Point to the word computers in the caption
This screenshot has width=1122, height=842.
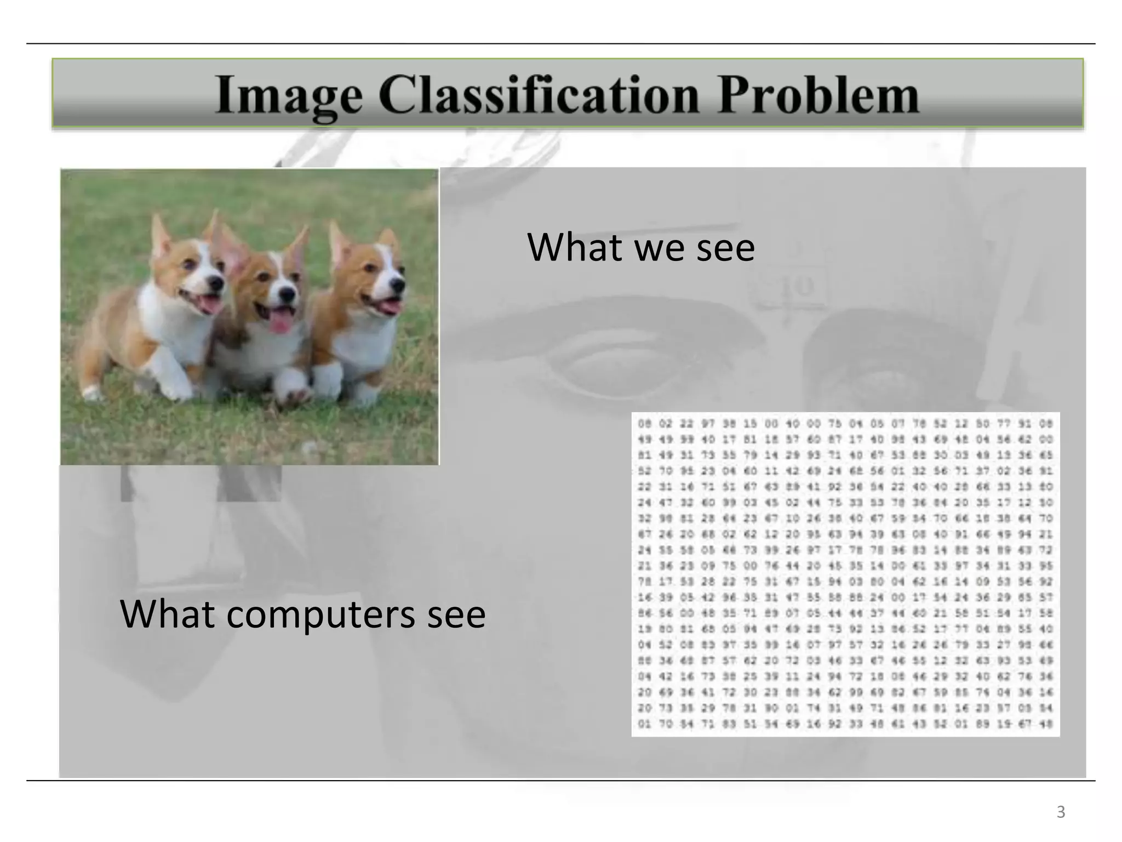tap(320, 615)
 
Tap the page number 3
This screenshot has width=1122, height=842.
tap(1061, 812)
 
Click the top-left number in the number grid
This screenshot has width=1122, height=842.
tap(644, 424)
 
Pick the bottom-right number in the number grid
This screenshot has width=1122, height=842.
tap(1045, 724)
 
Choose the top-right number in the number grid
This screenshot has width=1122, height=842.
tap(1045, 424)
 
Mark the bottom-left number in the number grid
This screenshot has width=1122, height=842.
tap(644, 724)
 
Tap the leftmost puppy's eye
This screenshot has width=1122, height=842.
tap(188, 265)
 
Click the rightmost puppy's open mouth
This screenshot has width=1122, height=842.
tap(386, 305)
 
